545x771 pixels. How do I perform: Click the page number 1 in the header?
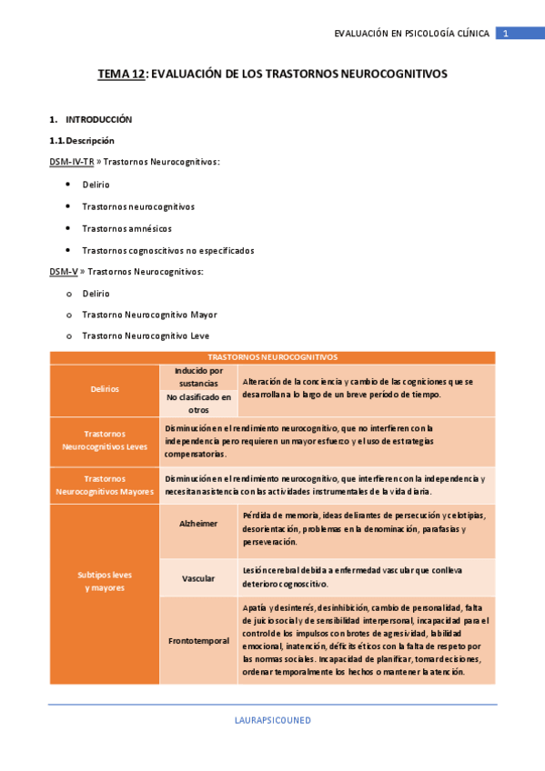point(505,34)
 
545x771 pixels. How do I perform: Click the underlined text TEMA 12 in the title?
point(122,75)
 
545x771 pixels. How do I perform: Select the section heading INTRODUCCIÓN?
point(98,119)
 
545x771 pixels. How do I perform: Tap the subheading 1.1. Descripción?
point(82,141)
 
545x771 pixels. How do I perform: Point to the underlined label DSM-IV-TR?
point(72,162)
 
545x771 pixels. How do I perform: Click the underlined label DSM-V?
point(64,272)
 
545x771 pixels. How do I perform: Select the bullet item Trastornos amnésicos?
point(126,228)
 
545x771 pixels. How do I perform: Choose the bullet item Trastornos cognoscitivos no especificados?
point(167,250)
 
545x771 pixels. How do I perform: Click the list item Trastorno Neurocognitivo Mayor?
point(149,315)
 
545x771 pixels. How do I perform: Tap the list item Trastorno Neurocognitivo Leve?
point(146,335)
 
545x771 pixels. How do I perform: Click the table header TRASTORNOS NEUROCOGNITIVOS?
point(272,357)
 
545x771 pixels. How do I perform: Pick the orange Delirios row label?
point(105,389)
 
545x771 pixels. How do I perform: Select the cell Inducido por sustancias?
point(198,376)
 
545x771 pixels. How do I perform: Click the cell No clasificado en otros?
point(198,403)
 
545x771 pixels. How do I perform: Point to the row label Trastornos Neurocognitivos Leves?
point(105,440)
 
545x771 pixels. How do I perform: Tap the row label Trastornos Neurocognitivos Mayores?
point(105,485)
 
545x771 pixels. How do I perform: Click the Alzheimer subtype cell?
point(198,524)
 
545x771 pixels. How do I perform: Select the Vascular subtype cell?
point(198,578)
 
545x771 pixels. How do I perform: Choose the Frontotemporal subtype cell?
point(198,640)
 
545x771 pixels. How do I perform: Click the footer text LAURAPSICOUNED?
point(272,719)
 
